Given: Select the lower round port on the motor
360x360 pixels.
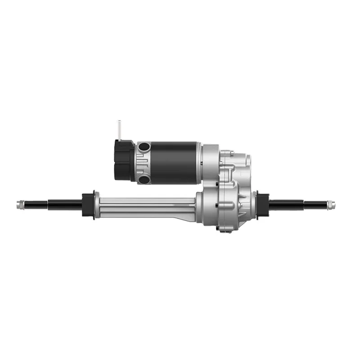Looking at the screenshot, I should pos(144,179).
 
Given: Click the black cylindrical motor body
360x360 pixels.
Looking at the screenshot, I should pos(175,162).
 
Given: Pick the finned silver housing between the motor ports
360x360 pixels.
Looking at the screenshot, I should pos(143,162).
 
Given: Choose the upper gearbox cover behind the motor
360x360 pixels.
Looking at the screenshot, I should pos(234,166).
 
